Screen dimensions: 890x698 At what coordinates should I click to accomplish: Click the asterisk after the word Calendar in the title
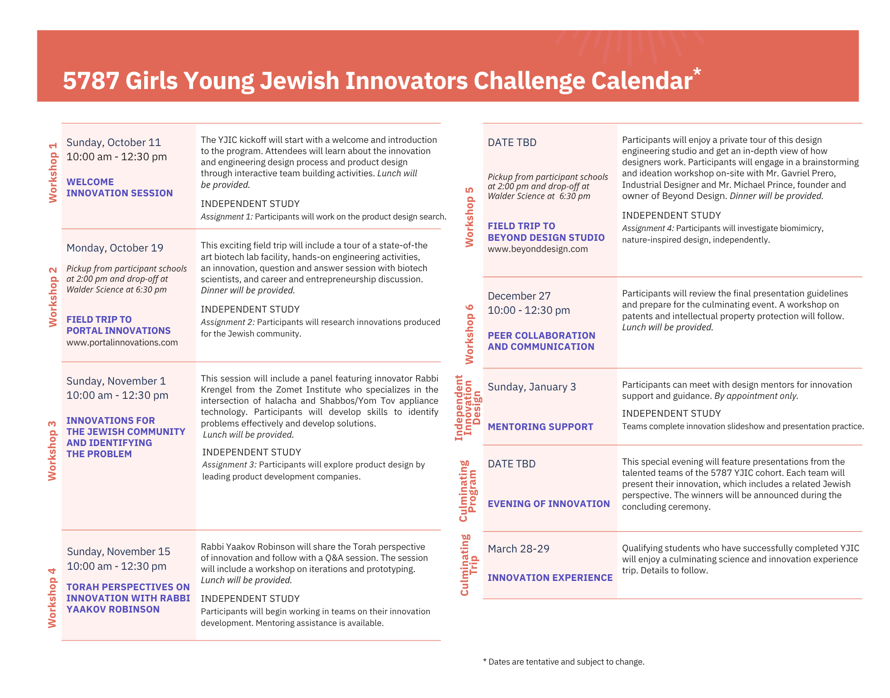point(697,72)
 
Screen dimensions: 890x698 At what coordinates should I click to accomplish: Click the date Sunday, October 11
point(113,142)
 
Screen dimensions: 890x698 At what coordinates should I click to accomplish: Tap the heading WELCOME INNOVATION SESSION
point(119,187)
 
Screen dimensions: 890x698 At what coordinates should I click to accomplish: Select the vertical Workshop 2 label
point(53,297)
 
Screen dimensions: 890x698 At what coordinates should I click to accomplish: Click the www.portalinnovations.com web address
point(122,342)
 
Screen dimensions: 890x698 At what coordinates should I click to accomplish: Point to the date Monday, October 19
point(115,248)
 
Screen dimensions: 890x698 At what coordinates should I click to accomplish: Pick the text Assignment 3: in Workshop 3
point(229,465)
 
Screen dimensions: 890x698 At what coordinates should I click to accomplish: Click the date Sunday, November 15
point(118,552)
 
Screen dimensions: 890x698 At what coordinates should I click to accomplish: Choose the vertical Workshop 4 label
point(53,598)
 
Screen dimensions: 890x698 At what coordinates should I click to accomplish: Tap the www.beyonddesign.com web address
point(538,249)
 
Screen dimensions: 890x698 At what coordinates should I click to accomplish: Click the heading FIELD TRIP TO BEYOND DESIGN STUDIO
point(546,232)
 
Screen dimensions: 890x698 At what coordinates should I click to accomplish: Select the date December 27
point(519,296)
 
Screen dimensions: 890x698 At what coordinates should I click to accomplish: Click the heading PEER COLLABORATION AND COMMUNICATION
point(541,341)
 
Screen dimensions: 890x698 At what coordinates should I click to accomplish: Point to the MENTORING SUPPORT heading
point(540,427)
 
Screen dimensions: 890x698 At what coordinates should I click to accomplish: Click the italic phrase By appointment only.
point(756,396)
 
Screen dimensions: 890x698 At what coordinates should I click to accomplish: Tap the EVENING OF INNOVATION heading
point(549,504)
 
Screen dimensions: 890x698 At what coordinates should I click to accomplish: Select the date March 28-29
point(518,549)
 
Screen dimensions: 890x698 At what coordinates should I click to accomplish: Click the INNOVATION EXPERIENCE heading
point(550,578)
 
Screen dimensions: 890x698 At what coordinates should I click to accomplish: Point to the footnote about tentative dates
point(563,662)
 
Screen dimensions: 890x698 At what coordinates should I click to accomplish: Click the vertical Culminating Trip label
point(469,565)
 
